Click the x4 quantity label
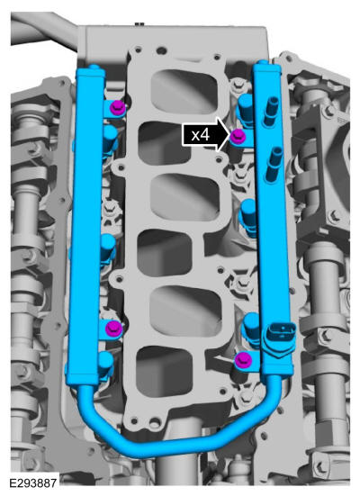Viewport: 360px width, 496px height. [x=201, y=135]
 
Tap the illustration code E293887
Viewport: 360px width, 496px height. [x=33, y=483]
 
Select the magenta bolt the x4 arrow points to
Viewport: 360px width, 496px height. [x=238, y=136]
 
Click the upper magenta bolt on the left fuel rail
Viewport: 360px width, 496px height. [x=117, y=108]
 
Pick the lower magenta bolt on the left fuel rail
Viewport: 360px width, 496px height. [x=114, y=328]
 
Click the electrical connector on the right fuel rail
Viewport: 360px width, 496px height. [x=280, y=337]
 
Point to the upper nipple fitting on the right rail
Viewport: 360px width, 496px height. [x=271, y=112]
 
